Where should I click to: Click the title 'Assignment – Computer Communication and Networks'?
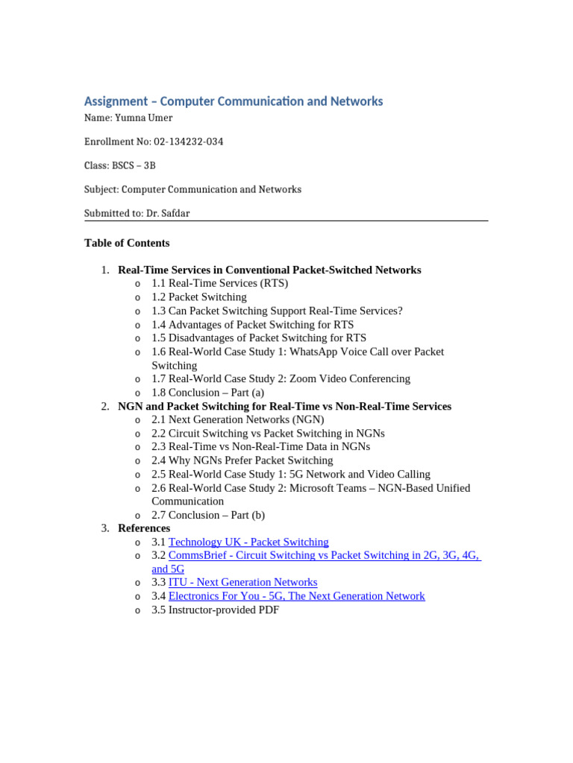[x=234, y=101]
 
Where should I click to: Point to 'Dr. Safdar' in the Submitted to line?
[x=173, y=213]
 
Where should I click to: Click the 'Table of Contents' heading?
[x=127, y=243]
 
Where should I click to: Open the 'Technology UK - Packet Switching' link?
[x=248, y=542]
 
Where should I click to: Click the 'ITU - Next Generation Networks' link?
[x=242, y=582]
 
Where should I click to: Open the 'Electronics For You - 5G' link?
[x=296, y=596]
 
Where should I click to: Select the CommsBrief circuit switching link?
[x=324, y=555]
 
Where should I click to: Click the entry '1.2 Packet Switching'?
[x=198, y=297]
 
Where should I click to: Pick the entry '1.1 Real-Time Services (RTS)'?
[x=219, y=283]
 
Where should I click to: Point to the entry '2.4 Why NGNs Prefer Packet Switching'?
[x=242, y=460]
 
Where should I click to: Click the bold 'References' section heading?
[x=144, y=528]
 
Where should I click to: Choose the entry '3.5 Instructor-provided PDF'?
[x=215, y=610]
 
